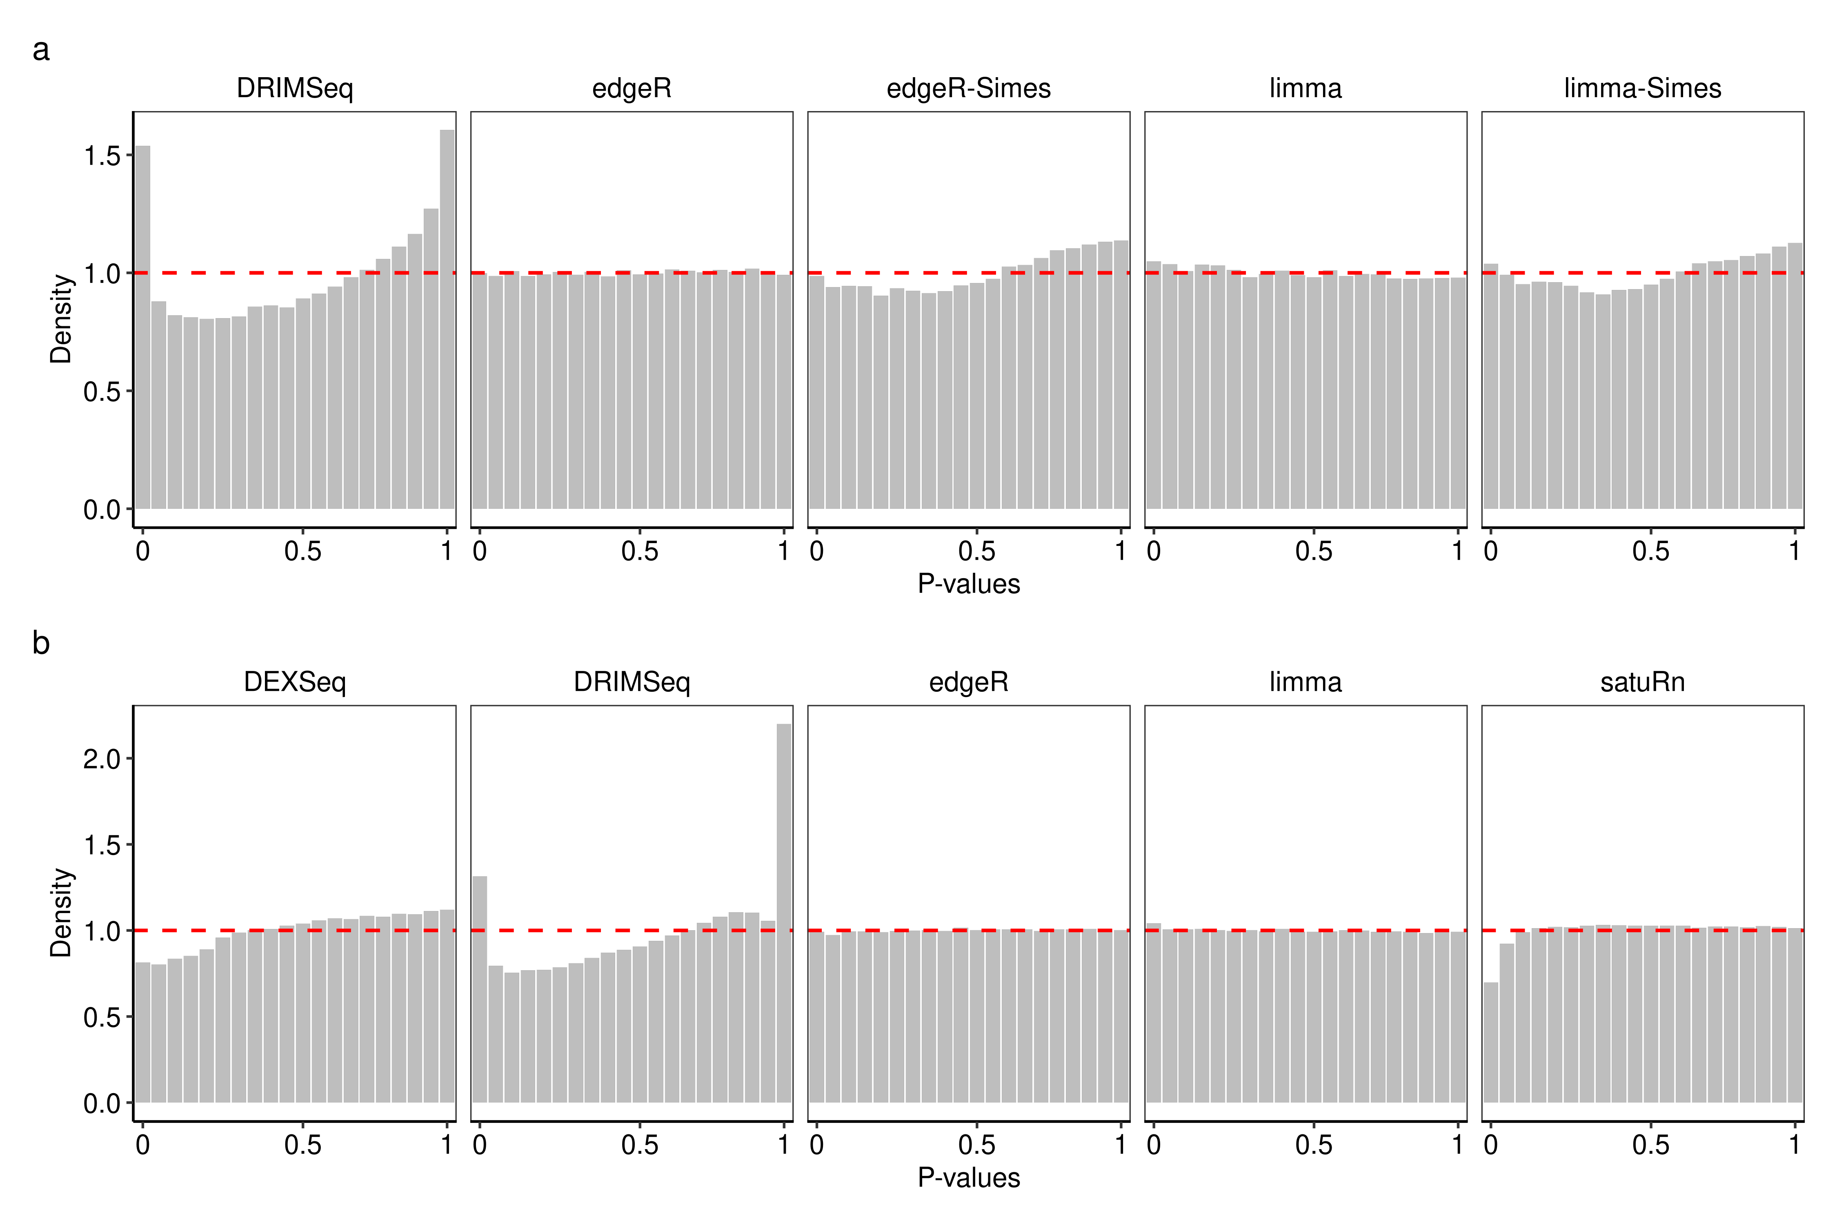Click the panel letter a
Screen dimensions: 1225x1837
(40, 50)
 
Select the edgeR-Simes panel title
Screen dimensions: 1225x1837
(968, 88)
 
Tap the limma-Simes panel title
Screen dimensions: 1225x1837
(1643, 88)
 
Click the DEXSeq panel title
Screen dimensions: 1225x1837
(294, 682)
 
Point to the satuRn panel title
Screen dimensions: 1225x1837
(1643, 682)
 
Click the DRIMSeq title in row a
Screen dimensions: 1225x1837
(294, 88)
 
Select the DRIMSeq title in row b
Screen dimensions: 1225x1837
(632, 682)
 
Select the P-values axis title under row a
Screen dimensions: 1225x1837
(968, 584)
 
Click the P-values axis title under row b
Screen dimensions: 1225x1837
(968, 1177)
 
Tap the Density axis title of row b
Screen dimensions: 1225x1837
(61, 913)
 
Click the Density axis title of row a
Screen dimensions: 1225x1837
(61, 319)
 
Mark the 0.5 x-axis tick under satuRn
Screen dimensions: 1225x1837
(1650, 1145)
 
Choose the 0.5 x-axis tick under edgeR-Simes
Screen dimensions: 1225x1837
(976, 551)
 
